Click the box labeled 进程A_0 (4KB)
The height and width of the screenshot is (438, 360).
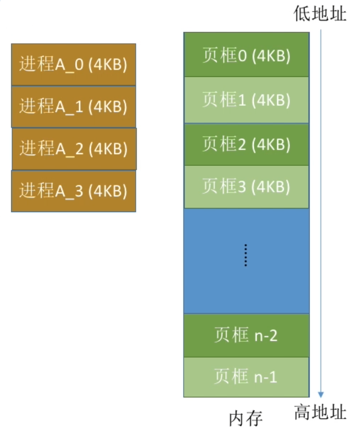(x=73, y=65)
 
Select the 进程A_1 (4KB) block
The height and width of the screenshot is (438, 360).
(x=73, y=106)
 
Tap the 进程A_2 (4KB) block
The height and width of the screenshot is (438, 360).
(x=74, y=149)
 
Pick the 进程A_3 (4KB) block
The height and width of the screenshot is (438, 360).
(x=73, y=191)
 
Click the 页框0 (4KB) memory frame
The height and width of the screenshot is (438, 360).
(x=246, y=55)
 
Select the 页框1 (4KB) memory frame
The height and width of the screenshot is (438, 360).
(x=246, y=100)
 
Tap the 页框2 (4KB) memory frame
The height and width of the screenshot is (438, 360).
(x=246, y=144)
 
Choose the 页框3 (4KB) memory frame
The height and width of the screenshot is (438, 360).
(x=246, y=187)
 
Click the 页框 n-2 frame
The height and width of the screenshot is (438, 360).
(x=246, y=336)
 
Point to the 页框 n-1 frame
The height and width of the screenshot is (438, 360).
(x=246, y=377)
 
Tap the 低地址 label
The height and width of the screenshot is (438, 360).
(x=320, y=14)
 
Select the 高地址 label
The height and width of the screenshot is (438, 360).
(x=320, y=412)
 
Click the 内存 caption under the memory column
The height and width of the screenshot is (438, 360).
(x=246, y=419)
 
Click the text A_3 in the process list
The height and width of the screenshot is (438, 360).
(x=70, y=191)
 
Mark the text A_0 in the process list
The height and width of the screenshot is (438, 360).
(x=70, y=65)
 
